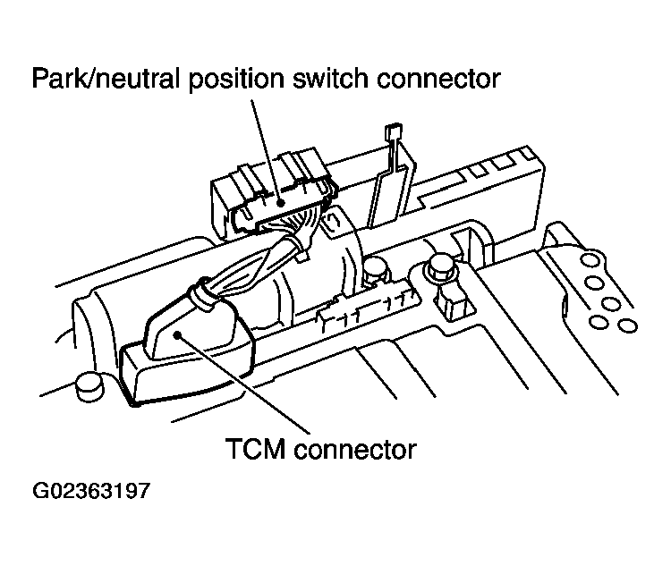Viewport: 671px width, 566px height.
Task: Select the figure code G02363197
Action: pyautogui.click(x=91, y=492)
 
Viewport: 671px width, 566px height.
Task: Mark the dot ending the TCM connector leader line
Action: pyautogui.click(x=180, y=334)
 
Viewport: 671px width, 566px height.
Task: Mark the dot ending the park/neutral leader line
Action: pyautogui.click(x=282, y=203)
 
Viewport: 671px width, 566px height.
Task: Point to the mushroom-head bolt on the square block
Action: pyautogui.click(x=441, y=265)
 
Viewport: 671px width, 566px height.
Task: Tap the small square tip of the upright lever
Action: pyautogui.click(x=390, y=134)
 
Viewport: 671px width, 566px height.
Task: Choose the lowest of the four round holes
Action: pyautogui.click(x=626, y=323)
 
